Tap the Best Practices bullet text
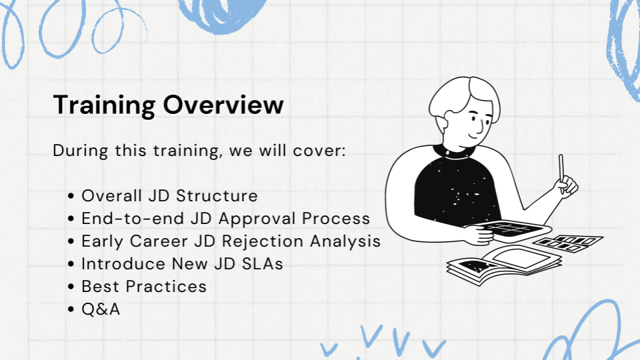click(144, 287)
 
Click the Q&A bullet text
click(101, 309)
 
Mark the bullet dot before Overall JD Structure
click(71, 197)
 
